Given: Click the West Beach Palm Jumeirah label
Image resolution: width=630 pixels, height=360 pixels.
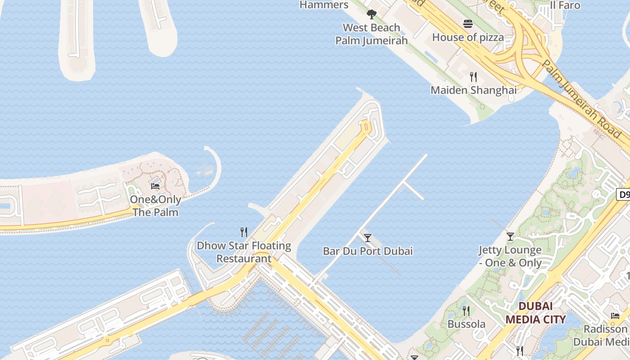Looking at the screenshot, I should click(x=371, y=34).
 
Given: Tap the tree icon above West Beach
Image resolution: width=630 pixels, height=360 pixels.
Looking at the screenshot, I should click(x=371, y=14).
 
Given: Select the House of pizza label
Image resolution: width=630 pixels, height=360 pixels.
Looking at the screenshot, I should click(x=468, y=37).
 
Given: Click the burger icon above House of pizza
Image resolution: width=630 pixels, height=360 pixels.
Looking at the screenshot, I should click(x=468, y=24).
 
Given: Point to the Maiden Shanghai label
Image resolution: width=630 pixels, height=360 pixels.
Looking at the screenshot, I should click(x=473, y=90).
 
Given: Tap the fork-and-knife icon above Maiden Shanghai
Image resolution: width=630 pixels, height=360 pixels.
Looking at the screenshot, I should click(x=473, y=77).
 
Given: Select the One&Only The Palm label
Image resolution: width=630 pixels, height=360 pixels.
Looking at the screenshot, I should click(x=155, y=206).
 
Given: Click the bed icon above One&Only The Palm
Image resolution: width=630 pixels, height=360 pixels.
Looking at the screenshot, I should click(x=155, y=186).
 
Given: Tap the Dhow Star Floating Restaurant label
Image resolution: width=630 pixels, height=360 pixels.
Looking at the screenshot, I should click(x=244, y=252).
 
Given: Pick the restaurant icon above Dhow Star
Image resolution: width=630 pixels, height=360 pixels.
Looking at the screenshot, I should click(x=244, y=232).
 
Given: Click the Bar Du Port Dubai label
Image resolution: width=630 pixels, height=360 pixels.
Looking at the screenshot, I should click(x=368, y=251).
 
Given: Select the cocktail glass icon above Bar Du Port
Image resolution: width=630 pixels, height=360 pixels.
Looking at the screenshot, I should click(x=368, y=238).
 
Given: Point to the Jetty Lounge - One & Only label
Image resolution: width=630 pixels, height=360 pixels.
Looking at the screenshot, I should click(x=510, y=256).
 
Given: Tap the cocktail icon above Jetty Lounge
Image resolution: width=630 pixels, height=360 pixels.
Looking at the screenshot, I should click(x=510, y=236).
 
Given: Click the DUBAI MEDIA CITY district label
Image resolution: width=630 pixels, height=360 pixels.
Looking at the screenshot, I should click(x=535, y=313).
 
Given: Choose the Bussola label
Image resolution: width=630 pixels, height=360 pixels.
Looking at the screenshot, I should click(x=466, y=324).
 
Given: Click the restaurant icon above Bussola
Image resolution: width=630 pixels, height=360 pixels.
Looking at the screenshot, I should click(x=466, y=310).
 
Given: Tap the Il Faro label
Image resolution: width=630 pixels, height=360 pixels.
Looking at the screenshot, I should click(x=565, y=5).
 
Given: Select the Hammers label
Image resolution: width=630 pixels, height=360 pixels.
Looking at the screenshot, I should click(x=324, y=5).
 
